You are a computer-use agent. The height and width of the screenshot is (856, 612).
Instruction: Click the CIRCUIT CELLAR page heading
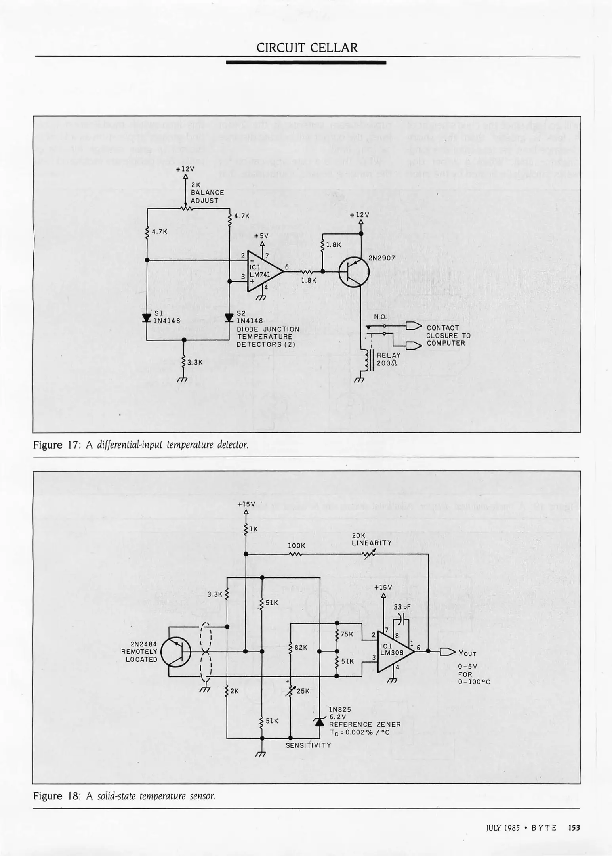(307, 48)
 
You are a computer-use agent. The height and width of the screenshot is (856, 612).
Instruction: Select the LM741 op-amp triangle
(263, 271)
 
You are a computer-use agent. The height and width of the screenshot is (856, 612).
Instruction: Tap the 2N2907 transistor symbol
(354, 272)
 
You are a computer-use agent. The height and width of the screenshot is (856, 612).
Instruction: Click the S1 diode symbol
(147, 318)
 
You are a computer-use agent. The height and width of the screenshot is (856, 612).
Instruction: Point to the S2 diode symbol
(229, 318)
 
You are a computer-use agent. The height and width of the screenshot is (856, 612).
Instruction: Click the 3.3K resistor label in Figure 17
(195, 362)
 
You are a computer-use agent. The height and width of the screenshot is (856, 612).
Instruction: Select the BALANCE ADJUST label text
(207, 196)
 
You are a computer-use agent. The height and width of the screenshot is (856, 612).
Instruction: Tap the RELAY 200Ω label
(389, 359)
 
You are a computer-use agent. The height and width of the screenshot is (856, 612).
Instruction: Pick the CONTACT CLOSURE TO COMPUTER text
(448, 335)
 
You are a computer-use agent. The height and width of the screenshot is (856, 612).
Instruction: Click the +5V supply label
(261, 235)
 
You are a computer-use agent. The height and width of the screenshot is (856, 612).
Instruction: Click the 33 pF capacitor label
(402, 607)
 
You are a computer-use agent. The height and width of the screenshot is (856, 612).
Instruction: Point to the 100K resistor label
(297, 545)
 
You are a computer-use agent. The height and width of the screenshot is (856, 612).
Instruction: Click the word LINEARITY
(372, 543)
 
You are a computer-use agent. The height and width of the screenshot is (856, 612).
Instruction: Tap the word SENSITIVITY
(308, 745)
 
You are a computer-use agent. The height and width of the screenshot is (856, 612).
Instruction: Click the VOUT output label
(467, 653)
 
